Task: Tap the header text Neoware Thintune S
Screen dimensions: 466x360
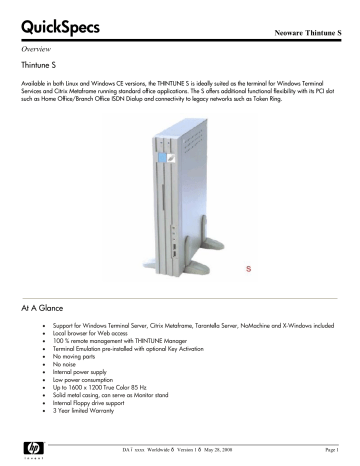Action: [x=303, y=33]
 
